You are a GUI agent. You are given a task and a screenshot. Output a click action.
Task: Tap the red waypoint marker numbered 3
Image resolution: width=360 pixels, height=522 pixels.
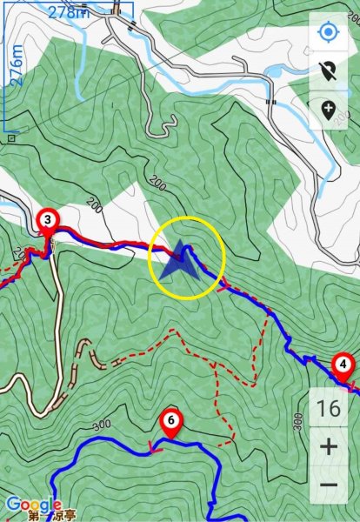48,221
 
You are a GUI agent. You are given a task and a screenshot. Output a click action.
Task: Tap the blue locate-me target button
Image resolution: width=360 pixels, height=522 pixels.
329,34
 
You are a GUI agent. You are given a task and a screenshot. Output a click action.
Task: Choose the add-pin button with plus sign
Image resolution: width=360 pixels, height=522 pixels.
329,110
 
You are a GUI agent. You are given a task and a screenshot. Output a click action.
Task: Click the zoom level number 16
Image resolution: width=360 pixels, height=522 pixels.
329,408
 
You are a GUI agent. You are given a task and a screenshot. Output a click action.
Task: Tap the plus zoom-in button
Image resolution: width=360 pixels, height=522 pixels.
329,447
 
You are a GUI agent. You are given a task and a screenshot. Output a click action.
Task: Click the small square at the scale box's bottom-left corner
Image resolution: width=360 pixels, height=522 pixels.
11,137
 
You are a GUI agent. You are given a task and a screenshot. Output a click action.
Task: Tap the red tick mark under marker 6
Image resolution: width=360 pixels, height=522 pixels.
154,449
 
